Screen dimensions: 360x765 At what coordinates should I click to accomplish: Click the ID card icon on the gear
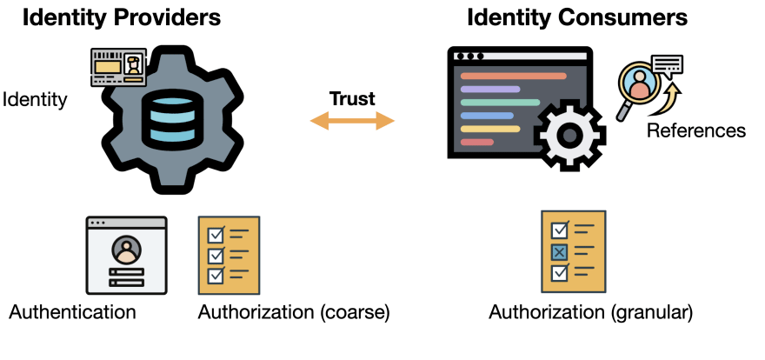coord(118,67)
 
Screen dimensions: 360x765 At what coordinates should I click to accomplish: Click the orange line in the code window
coord(513,76)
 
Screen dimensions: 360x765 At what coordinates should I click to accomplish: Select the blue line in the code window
coord(486,115)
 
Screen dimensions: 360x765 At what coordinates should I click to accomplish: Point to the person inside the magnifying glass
coord(640,84)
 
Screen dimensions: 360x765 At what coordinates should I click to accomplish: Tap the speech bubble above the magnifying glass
coord(667,64)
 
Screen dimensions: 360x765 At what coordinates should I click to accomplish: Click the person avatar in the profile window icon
coord(127,250)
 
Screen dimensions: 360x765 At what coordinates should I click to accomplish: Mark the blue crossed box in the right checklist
coord(560,252)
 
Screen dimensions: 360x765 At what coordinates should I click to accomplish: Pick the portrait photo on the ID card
coord(133,64)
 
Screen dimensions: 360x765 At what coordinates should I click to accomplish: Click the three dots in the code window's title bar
coord(469,57)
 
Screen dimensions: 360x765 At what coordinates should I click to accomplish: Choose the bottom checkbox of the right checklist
coord(560,273)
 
